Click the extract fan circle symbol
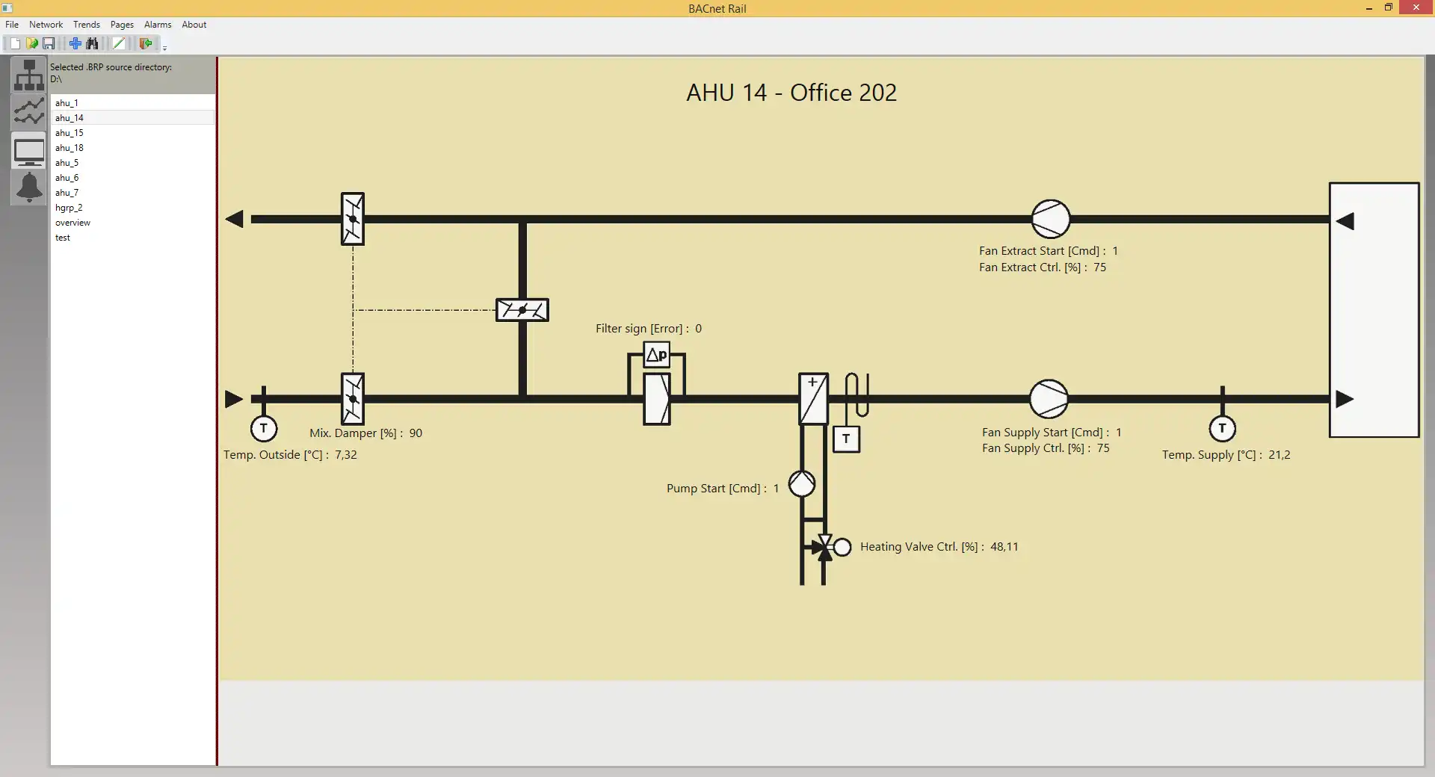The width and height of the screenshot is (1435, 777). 1050,219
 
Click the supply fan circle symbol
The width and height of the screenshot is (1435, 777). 1049,399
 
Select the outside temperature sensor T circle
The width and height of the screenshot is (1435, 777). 263,429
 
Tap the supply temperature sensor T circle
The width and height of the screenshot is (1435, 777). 1222,429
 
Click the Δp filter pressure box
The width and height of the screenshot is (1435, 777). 656,355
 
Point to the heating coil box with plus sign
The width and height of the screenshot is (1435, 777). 813,399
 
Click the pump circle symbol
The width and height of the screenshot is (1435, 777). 802,484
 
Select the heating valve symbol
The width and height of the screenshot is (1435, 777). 825,547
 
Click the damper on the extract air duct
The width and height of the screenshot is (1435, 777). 353,219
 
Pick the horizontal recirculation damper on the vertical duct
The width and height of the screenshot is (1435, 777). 522,310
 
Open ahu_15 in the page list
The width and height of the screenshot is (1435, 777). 70,133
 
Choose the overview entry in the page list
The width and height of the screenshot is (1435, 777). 72,223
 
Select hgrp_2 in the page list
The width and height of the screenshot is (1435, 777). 69,208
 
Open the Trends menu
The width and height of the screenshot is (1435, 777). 87,25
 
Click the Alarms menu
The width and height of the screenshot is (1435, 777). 158,25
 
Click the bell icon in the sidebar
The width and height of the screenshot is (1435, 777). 29,187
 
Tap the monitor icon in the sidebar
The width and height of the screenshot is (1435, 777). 29,152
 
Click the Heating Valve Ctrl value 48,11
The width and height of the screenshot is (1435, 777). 1004,547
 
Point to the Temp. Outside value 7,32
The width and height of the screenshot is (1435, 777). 345,455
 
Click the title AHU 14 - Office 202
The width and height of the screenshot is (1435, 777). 791,93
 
